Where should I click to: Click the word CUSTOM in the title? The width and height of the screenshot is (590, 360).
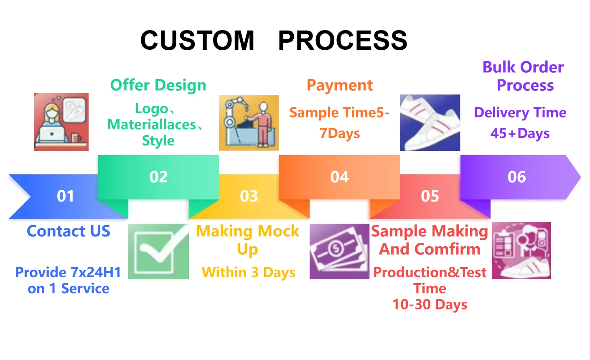(197, 41)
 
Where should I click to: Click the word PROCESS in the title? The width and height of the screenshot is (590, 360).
(343, 41)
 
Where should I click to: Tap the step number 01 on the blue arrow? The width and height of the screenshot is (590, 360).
(66, 196)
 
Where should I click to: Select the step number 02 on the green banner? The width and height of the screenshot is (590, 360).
(158, 177)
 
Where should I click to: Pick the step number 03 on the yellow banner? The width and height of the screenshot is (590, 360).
(249, 196)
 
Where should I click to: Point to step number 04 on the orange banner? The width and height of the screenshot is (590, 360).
(339, 177)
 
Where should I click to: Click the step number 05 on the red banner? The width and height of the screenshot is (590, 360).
(430, 196)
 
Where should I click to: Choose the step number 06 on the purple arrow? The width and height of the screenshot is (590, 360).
(517, 177)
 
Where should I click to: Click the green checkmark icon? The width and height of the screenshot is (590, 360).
(158, 251)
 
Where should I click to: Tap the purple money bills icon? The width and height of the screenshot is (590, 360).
(339, 251)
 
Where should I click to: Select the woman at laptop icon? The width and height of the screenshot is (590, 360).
(61, 122)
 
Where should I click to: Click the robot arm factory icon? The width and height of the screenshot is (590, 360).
(249, 123)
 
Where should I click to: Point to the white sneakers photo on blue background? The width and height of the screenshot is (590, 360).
(430, 123)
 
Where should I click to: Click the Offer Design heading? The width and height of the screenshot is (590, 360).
(158, 85)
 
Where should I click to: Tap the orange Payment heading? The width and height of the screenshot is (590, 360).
(339, 85)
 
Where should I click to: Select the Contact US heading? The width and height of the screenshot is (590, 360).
(69, 231)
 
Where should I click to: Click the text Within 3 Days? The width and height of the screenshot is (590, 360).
(249, 273)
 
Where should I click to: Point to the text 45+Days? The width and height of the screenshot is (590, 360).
(520, 133)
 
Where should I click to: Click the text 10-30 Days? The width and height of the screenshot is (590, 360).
(430, 305)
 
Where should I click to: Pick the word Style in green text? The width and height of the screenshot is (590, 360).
(158, 140)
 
